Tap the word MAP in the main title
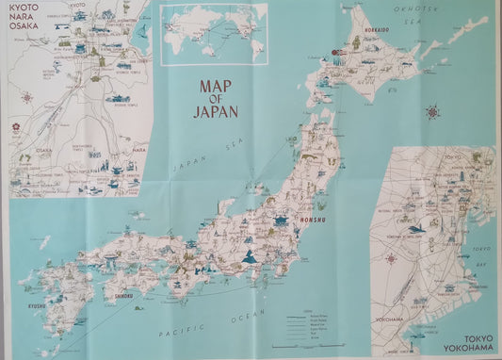[x=215, y=86]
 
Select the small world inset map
[x=213, y=35]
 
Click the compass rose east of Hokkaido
[x=432, y=114]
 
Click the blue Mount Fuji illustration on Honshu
[x=251, y=257]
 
